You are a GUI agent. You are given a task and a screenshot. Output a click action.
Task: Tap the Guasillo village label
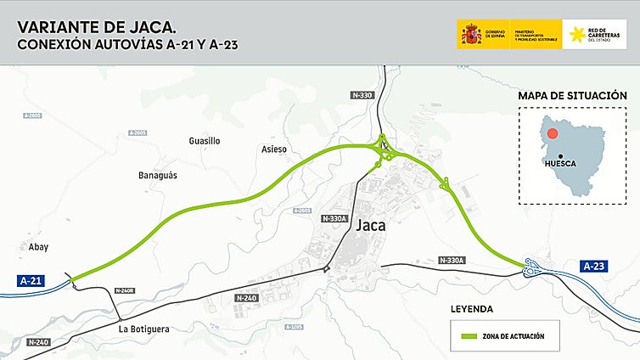[x=205, y=140]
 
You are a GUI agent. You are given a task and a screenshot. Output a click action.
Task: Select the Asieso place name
[x=274, y=149]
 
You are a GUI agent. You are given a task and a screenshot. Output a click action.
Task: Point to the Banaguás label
[x=157, y=175]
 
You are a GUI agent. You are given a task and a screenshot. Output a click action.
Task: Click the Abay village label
[x=39, y=247]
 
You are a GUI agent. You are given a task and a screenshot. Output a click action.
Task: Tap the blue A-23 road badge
[x=594, y=267]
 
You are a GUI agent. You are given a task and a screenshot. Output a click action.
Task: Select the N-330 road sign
[x=362, y=95]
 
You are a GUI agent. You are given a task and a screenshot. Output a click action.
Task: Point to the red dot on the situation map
[x=553, y=133]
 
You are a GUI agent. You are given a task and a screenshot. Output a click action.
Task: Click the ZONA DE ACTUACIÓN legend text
[x=513, y=336]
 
